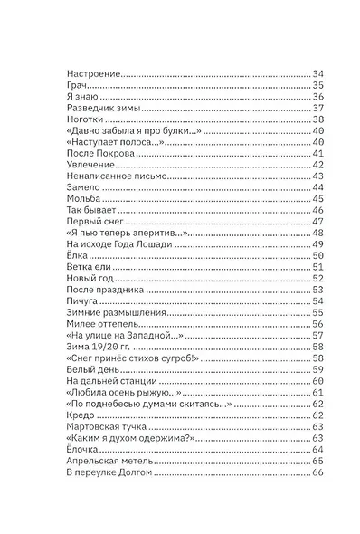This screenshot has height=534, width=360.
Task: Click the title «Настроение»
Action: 94,73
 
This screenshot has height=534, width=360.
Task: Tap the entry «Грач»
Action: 79,85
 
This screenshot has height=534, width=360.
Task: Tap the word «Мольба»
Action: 84,200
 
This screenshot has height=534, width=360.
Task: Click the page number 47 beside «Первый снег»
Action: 317,222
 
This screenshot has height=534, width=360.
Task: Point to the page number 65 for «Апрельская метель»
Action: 317,462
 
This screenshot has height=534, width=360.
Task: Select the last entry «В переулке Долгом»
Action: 110,473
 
